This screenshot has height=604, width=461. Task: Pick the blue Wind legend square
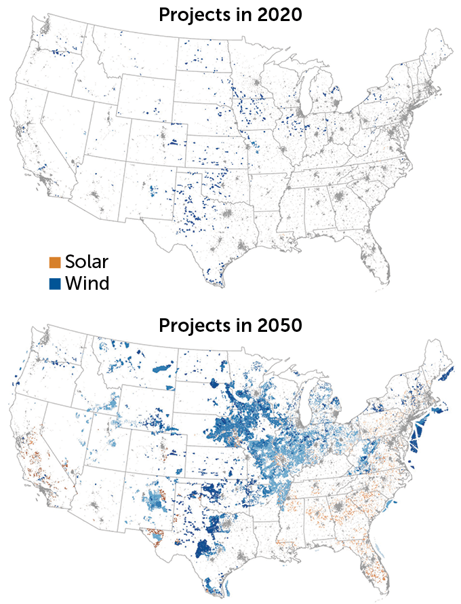(x=55, y=283)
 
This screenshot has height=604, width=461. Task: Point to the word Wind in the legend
(x=87, y=283)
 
